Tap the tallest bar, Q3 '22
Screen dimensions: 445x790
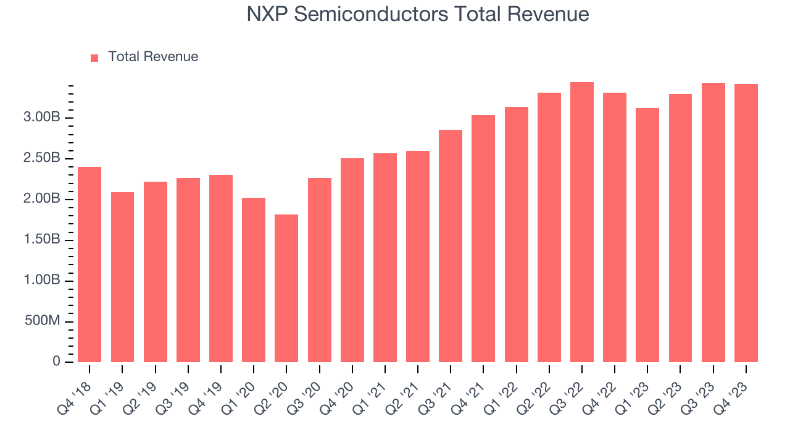point(582,222)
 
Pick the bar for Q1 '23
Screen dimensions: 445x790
point(647,235)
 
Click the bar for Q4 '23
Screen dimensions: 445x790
point(746,223)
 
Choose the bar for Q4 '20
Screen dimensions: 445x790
point(352,260)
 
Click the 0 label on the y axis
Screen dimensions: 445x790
point(56,362)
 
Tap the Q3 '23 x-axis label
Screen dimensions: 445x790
point(701,389)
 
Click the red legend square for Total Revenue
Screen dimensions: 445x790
point(94,57)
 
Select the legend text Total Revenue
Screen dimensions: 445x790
point(153,57)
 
